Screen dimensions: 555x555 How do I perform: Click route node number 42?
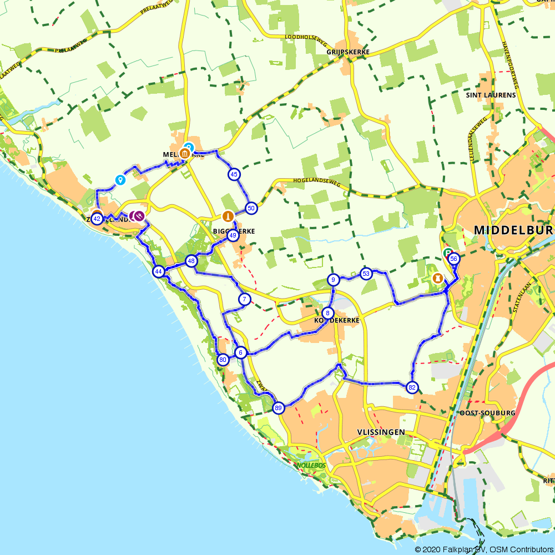pos(97,219)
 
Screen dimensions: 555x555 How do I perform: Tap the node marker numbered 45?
pos(234,174)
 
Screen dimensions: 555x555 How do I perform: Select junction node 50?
pos(251,209)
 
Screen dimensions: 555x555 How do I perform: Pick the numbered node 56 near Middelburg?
pos(453,259)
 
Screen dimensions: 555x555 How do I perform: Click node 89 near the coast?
pos(279,408)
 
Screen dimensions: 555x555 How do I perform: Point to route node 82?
pos(411,387)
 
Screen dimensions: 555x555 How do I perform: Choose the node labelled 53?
pos(366,274)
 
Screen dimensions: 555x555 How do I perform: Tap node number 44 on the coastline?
pos(159,271)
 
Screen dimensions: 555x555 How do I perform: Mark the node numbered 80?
pos(223,359)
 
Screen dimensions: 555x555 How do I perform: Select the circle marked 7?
pos(245,300)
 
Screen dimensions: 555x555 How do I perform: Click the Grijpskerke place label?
pos(341,52)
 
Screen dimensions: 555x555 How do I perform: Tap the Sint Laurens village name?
pos(491,95)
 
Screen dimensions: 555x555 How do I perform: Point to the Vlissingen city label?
pos(381,432)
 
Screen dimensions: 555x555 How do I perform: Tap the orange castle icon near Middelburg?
pos(438,277)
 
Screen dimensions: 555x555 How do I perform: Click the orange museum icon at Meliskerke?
pos(185,153)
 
